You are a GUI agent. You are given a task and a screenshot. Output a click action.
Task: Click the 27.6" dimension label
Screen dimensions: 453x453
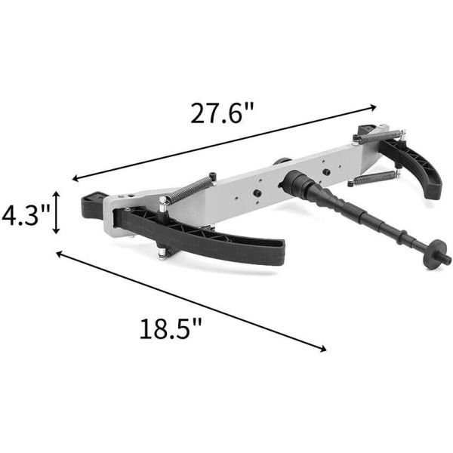(x=221, y=115)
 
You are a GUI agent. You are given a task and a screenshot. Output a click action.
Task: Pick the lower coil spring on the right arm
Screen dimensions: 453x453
(x=372, y=179)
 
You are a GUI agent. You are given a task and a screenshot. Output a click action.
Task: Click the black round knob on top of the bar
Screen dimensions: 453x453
(x=282, y=162)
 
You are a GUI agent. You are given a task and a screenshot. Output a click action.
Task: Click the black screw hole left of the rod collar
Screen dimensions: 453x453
(x=257, y=193)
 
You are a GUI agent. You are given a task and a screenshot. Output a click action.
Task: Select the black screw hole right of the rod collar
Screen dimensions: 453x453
(x=326, y=171)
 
